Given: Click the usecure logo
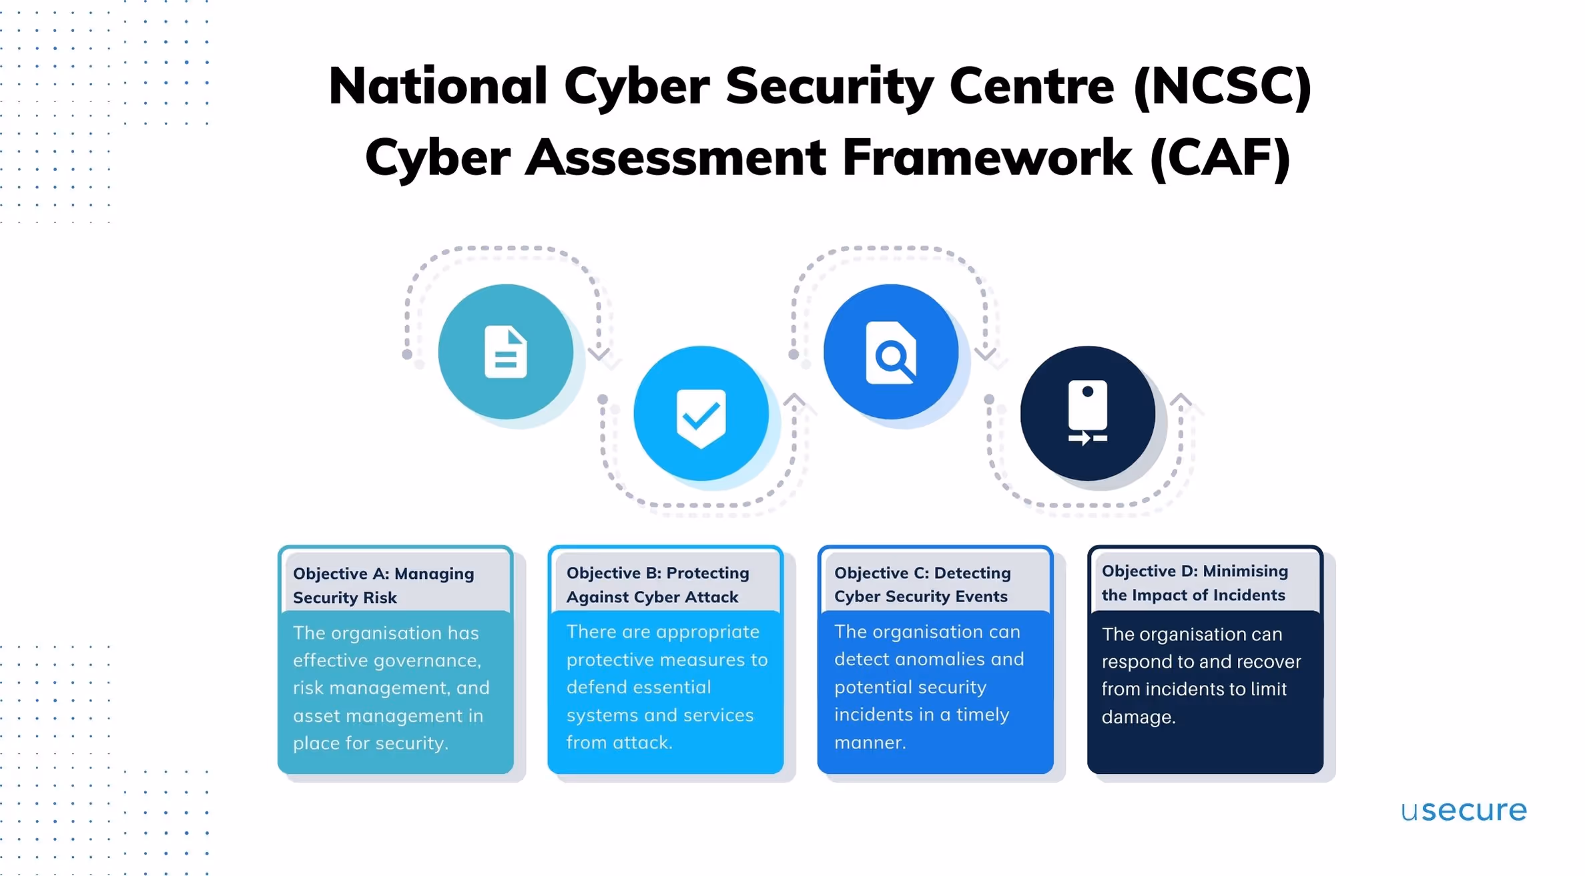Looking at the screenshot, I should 1463,811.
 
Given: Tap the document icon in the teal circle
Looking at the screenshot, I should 505,352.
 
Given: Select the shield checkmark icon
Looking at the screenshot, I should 701,417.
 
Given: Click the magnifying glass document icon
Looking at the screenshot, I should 891,353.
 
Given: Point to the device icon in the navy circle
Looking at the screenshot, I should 1088,413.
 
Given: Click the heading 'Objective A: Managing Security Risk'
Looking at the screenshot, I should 383,586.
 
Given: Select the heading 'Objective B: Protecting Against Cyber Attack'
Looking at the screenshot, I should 657,585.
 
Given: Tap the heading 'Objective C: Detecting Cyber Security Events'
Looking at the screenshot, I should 922,584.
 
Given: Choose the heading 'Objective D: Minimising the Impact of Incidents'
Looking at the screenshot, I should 1195,583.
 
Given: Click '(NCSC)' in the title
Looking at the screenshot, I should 1222,86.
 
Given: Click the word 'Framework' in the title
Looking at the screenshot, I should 987,158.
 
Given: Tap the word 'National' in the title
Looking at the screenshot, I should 438,86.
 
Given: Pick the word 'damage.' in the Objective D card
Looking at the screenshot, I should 1139,717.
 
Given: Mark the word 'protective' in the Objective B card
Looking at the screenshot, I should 609,660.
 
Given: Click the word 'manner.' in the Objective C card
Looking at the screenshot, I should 870,742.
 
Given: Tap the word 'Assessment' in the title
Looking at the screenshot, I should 676,158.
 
